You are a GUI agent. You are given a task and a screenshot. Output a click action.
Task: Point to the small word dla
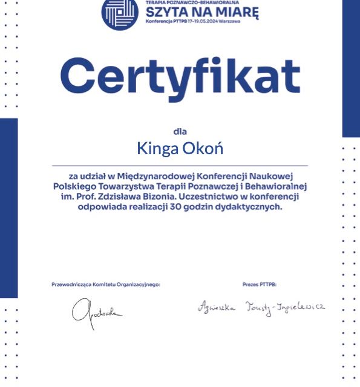click(x=180, y=130)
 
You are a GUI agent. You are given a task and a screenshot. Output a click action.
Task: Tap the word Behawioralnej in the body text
click(x=279, y=186)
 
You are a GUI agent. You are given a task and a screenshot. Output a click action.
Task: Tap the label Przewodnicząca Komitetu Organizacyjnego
click(x=106, y=284)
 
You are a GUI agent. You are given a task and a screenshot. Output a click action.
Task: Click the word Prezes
click(x=250, y=284)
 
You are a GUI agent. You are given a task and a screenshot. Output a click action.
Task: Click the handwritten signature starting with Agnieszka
click(x=261, y=307)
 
